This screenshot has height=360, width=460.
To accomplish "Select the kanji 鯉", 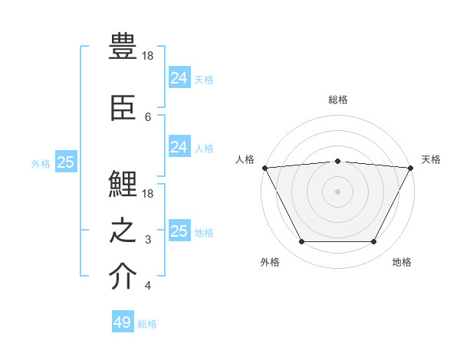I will (x=123, y=185).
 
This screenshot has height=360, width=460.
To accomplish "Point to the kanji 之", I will (x=123, y=231).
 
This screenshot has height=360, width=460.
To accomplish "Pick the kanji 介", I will (x=123, y=277).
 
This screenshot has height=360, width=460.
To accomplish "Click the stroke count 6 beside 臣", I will (x=148, y=116).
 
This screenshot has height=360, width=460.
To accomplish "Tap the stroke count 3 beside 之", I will (x=148, y=240).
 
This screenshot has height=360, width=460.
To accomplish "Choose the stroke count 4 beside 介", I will (x=148, y=286).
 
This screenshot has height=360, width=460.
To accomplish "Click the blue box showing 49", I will (x=123, y=322).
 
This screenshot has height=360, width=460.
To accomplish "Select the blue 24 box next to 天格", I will (x=179, y=77).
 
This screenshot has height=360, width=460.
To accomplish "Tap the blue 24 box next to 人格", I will (x=179, y=147).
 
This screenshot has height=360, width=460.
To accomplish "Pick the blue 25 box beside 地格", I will (x=179, y=231).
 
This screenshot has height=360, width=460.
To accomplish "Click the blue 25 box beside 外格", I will (x=66, y=162).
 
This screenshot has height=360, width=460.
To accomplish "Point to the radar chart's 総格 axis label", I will (x=338, y=100).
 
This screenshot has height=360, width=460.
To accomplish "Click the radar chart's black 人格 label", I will (x=245, y=159).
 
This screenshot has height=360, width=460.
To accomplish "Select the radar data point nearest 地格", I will (x=374, y=242).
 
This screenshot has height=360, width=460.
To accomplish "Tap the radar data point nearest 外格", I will (x=301, y=242).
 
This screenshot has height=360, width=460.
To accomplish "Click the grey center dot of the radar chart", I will (x=337, y=191).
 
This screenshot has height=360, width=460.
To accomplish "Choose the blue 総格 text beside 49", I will (x=147, y=324).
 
